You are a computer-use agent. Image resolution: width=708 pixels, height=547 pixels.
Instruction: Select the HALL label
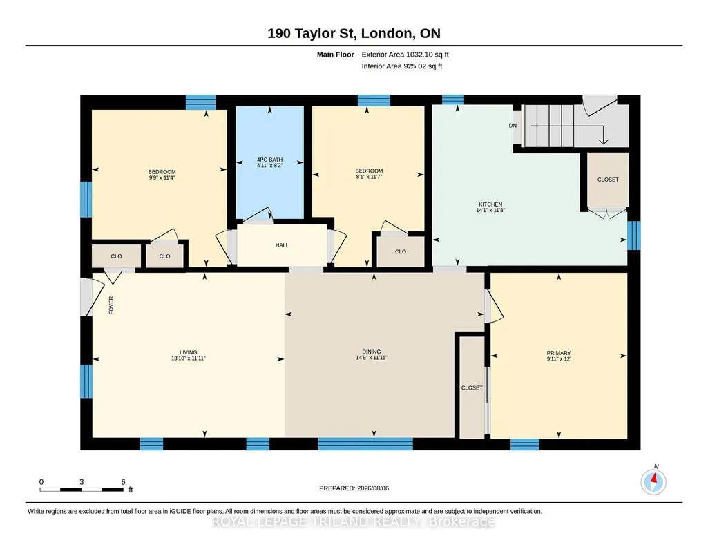pyautogui.click(x=282, y=245)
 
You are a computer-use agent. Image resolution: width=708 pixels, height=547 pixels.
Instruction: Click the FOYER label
pyautogui.click(x=111, y=305)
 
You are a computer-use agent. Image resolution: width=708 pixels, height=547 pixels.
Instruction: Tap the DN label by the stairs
pyautogui.click(x=513, y=126)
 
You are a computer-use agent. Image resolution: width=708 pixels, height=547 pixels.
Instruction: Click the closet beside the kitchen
pyautogui.click(x=608, y=180)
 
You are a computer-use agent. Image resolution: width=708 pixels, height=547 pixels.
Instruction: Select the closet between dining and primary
pyautogui.click(x=472, y=387)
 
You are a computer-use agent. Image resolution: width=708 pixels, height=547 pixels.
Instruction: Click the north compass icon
pyautogui.click(x=653, y=481)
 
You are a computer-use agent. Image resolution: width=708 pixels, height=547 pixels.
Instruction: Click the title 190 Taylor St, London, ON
pyautogui.click(x=354, y=33)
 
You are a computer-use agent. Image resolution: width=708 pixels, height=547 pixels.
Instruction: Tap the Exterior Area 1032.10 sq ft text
pyautogui.click(x=405, y=55)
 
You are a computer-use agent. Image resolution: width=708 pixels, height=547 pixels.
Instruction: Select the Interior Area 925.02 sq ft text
pyautogui.click(x=402, y=66)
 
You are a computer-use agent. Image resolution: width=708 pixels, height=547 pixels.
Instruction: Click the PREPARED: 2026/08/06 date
pyautogui.click(x=354, y=488)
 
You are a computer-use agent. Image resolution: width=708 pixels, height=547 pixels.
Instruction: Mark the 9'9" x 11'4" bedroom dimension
pyautogui.click(x=162, y=177)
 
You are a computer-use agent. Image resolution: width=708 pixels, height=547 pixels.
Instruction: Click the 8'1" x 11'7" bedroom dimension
pyautogui.click(x=369, y=177)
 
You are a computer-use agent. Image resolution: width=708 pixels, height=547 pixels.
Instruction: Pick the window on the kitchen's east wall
pyautogui.click(x=634, y=235)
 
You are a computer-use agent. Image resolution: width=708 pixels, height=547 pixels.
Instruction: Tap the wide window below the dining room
pyautogui.click(x=365, y=444)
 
